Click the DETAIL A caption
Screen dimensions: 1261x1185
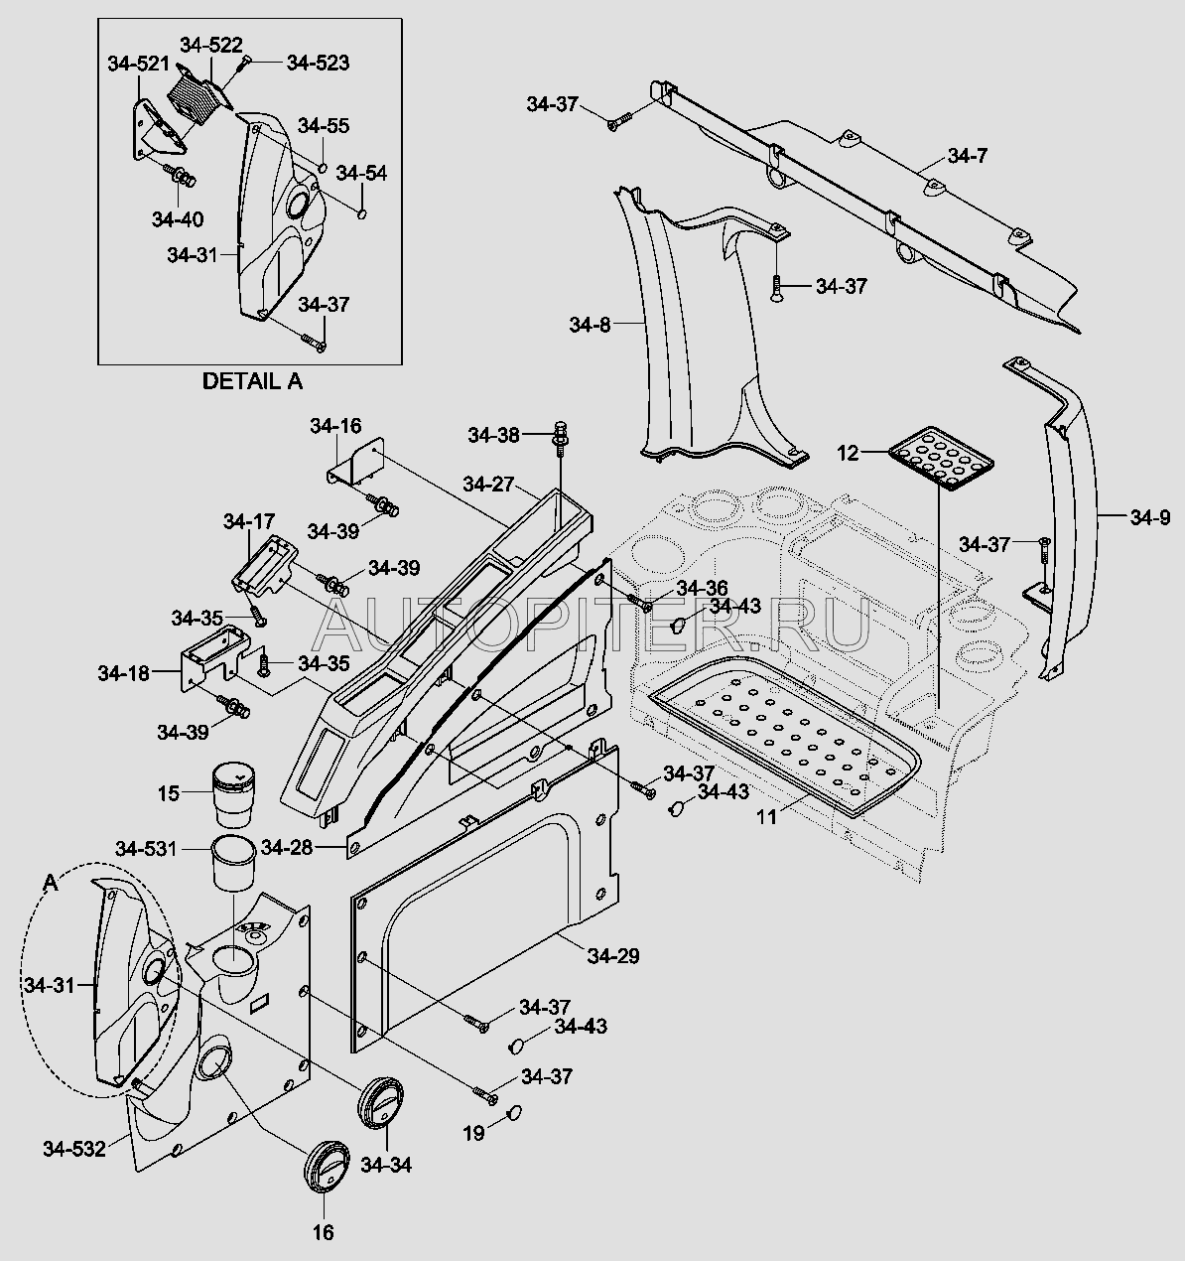coord(251,380)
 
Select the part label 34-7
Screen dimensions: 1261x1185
coord(968,156)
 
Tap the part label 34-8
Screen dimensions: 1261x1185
coord(590,325)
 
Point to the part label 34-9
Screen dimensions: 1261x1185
coord(1150,517)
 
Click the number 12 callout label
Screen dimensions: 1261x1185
coord(848,453)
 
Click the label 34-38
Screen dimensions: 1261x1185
coord(493,435)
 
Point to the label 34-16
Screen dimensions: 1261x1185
coord(335,426)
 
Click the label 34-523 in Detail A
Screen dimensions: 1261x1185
coord(318,63)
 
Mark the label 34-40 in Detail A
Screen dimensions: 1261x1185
coord(178,218)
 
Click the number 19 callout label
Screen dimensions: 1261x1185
coord(474,1132)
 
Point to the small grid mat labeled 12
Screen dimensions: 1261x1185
coord(940,459)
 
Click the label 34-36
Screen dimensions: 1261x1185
coord(703,588)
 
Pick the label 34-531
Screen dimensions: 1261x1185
coord(146,849)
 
